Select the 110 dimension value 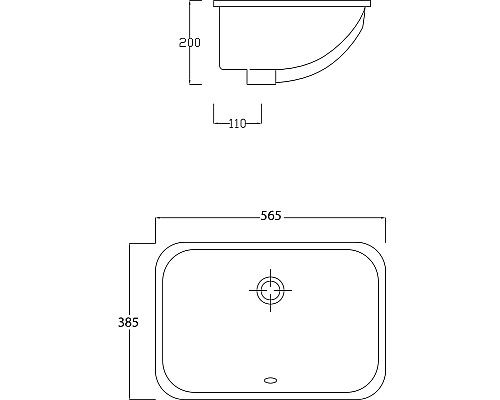pos(237,123)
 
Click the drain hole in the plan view pos(270,291)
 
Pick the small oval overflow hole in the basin pos(270,379)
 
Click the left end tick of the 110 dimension pos(214,117)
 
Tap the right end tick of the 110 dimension pos(261,117)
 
